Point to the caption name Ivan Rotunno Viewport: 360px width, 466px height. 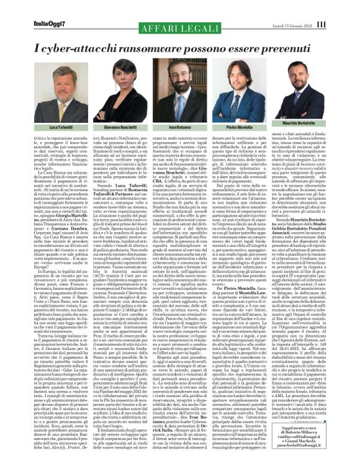click(180, 127)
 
